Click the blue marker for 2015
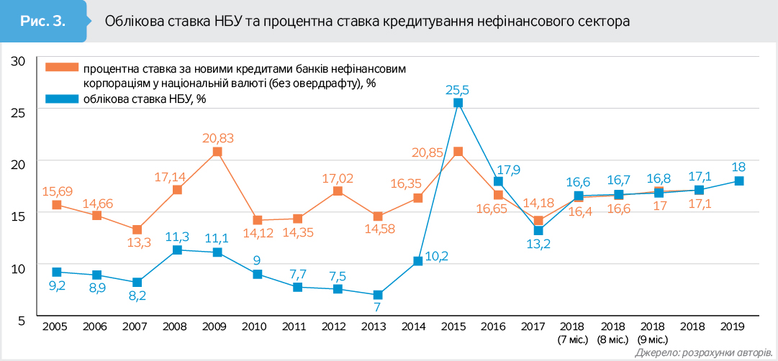pyautogui.click(x=458, y=103)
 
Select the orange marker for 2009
pyautogui.click(x=217, y=152)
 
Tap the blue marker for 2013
pyautogui.click(x=378, y=295)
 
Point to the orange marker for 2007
pyautogui.click(x=137, y=229)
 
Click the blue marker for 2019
pyautogui.click(x=739, y=181)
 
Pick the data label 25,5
pyautogui.click(x=457, y=90)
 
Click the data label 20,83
pyautogui.click(x=217, y=138)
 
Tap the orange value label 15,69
pyautogui.click(x=56, y=191)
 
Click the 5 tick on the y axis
pyautogui.click(x=22, y=320)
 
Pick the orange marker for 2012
pyautogui.click(x=338, y=191)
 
